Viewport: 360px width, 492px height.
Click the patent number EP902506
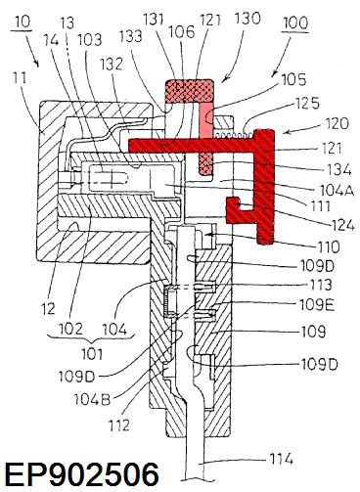pos(82,474)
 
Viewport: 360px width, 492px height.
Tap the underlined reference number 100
pos(295,23)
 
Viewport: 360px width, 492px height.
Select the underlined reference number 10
pos(22,22)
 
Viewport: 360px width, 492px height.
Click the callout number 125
pos(307,104)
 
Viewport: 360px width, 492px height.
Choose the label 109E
pos(317,305)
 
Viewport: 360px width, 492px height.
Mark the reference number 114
pos(282,459)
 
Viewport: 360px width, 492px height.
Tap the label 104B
pos(93,399)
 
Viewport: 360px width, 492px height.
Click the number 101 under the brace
pos(92,354)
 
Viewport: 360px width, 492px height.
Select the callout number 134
pos(339,169)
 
